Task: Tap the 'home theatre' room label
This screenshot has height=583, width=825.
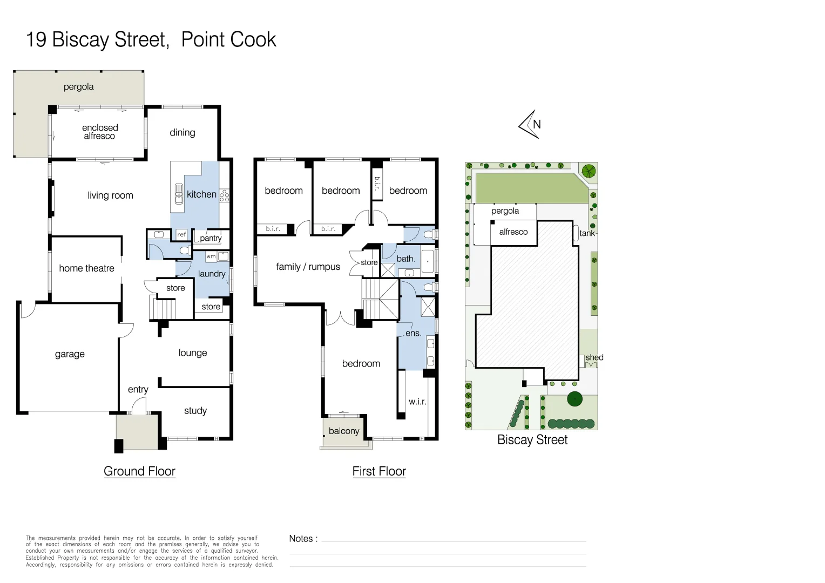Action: click(x=86, y=268)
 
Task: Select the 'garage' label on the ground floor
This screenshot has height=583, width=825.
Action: click(x=70, y=354)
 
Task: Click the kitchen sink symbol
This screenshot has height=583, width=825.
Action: click(x=179, y=194)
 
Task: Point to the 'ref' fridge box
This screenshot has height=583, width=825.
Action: click(x=181, y=234)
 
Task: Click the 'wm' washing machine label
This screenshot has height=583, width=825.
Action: click(x=211, y=256)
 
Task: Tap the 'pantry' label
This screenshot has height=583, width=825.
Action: click(x=211, y=238)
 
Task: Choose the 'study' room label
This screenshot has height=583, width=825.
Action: click(x=195, y=411)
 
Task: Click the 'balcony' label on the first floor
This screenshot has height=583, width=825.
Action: click(x=344, y=431)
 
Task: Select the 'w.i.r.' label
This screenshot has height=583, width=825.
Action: click(x=417, y=402)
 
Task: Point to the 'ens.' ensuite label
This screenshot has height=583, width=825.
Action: click(x=413, y=333)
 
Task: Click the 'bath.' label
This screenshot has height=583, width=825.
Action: click(x=405, y=259)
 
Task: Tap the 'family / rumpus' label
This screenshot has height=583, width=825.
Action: click(x=308, y=267)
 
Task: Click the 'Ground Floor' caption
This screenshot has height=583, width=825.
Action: click(x=139, y=471)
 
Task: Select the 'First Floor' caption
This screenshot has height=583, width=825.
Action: click(x=379, y=471)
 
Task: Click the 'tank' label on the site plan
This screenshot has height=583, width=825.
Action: click(x=587, y=233)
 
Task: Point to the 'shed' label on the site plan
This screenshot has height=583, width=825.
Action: click(x=594, y=357)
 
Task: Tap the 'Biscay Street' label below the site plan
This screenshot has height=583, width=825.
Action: click(x=532, y=440)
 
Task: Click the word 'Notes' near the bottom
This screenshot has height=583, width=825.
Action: click(x=301, y=539)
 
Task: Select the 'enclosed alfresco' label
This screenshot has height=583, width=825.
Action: click(x=99, y=132)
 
